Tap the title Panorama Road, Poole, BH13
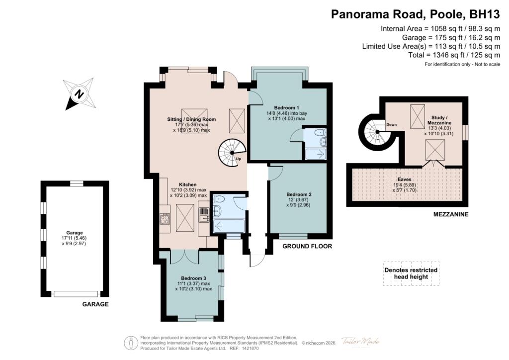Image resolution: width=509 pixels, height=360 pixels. point(416,14)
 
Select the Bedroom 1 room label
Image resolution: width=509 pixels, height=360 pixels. point(287,108)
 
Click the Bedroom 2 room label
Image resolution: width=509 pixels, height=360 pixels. point(299,194)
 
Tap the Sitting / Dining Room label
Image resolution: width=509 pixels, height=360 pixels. point(191,119)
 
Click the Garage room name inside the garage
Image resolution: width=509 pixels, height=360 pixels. point(75,233)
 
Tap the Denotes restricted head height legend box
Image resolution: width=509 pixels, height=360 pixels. point(411,273)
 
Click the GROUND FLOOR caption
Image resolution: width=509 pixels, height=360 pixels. point(307,246)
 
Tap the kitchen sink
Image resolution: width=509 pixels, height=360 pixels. point(204,215)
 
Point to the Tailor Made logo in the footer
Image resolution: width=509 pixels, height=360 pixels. point(360,342)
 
